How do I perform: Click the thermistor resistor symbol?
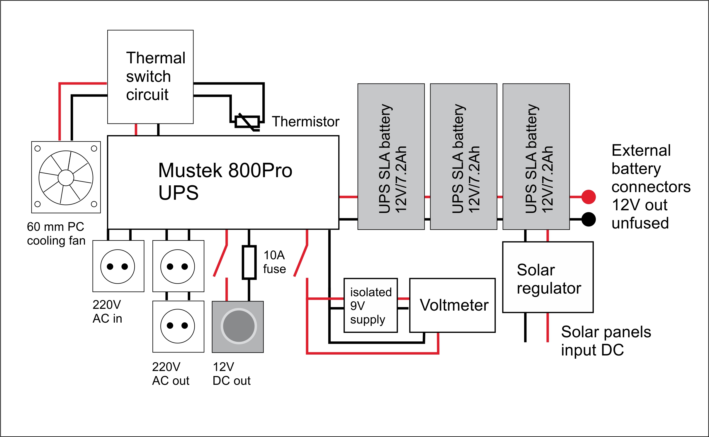[247, 122]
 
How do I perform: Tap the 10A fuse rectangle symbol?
[249, 262]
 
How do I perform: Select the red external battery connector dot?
[588, 197]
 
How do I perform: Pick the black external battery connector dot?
[588, 219]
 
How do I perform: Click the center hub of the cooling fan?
[66, 177]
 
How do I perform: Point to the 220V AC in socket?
[118, 266]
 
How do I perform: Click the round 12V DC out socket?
[238, 326]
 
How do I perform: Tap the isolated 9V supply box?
[370, 305]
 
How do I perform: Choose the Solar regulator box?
[548, 277]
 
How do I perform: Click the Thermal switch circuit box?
[150, 77]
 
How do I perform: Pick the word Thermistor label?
[305, 121]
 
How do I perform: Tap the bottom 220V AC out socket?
[178, 326]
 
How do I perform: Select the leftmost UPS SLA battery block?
[391, 156]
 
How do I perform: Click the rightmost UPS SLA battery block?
[536, 156]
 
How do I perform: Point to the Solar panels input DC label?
[606, 341]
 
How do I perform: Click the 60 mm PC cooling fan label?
[56, 233]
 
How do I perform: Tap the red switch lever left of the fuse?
[220, 260]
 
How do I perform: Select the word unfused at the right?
[640, 223]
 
